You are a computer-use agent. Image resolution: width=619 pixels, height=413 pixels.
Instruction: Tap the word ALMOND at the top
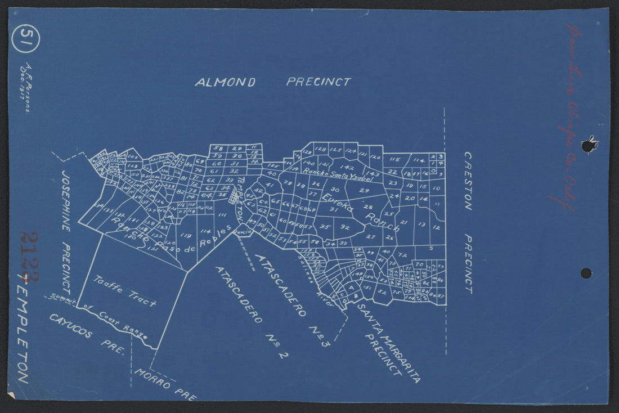pyautogui.click(x=225, y=82)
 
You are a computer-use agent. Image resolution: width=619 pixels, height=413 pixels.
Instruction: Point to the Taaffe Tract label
pyautogui.click(x=125, y=291)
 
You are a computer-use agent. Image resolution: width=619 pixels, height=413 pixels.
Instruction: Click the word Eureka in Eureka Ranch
pyautogui.click(x=338, y=203)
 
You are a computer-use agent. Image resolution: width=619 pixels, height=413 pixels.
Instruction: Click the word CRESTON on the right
pyautogui.click(x=468, y=180)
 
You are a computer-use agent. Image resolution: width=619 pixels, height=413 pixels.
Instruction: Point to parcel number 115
pyautogui.click(x=394, y=160)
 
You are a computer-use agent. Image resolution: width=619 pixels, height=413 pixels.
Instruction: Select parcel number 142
pyautogui.click(x=347, y=168)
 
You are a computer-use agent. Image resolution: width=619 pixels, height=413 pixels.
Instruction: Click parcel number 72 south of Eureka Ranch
pyautogui.click(x=402, y=255)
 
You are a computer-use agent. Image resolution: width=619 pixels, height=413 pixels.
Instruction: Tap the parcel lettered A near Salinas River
pyautogui.click(x=350, y=287)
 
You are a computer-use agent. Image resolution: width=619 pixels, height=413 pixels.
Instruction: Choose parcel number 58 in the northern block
pyautogui.click(x=218, y=148)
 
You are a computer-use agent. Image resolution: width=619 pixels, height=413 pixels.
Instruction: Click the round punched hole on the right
pyautogui.click(x=586, y=273)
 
